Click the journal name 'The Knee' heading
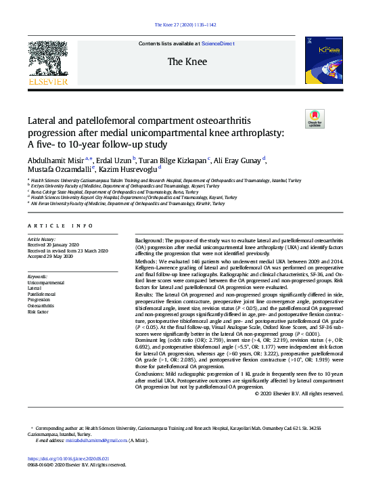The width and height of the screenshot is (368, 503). tap(184, 62)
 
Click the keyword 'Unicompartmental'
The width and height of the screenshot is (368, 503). tap(46, 282)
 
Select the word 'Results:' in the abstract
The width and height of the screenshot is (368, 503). tap(148, 295)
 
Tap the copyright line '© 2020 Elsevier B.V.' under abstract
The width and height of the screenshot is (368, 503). tap(299, 393)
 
